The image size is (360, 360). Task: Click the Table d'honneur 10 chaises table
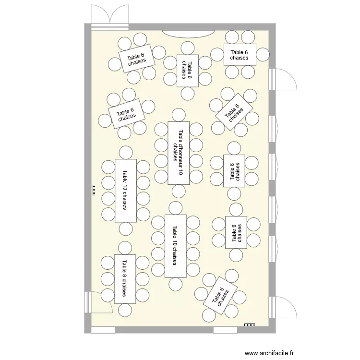179,153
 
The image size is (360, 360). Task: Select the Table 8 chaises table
124,279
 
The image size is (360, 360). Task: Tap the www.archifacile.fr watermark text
269,353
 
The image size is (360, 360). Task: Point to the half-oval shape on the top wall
188,33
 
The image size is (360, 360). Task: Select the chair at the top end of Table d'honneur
179,115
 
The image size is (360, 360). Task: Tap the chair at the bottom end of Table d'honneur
179,191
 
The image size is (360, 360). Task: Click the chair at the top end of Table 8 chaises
125,248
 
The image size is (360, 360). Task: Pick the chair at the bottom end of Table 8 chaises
125,311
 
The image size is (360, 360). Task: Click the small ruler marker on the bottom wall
249,325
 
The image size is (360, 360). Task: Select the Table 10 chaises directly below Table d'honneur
175,246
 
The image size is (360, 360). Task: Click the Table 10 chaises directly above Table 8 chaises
125,190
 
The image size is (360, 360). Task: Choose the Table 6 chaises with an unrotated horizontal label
240,55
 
